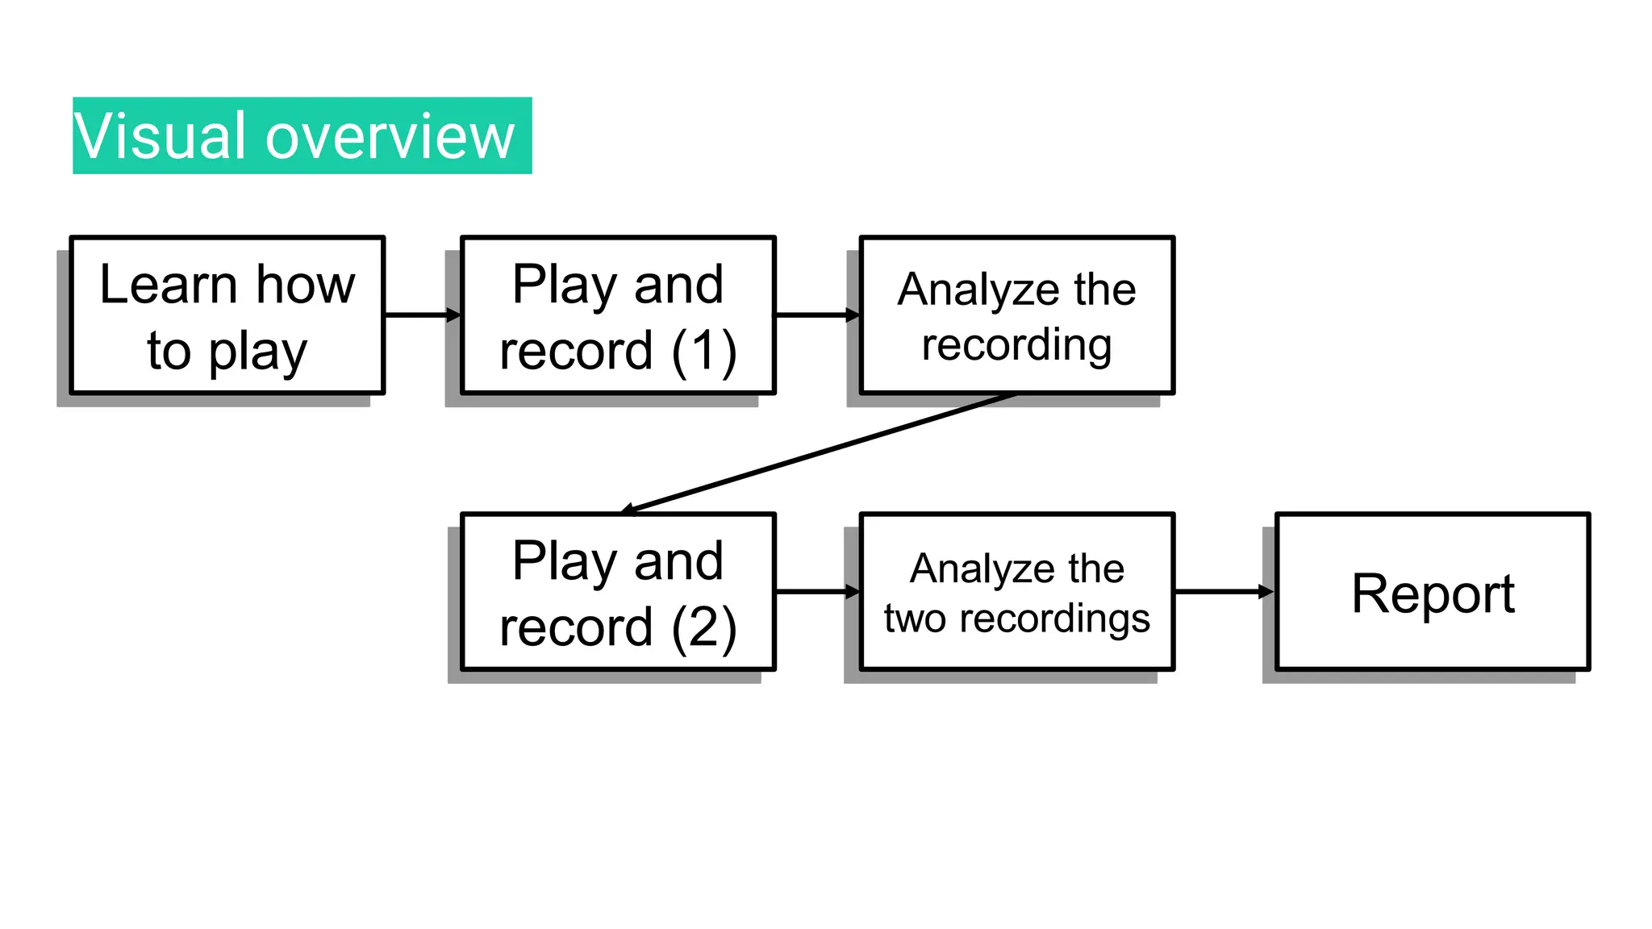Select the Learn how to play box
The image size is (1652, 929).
[227, 315]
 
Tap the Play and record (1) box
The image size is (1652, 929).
[618, 315]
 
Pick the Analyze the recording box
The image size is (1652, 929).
[1016, 315]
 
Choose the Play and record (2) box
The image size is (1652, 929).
[618, 592]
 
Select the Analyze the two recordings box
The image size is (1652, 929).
[1016, 592]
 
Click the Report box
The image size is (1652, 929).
[1433, 592]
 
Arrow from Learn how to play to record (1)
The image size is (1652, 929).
[422, 315]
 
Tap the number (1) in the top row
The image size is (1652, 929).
[704, 352]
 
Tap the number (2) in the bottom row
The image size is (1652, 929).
[704, 628]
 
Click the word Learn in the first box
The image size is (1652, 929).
[168, 285]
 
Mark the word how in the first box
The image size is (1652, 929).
[306, 285]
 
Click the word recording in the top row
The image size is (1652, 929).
[1016, 345]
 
